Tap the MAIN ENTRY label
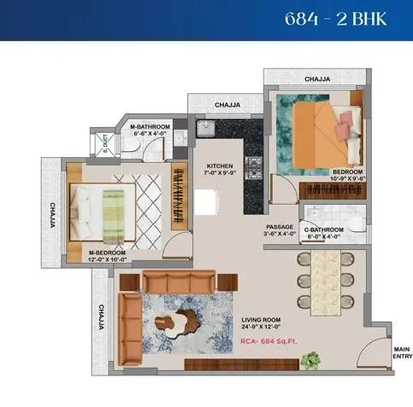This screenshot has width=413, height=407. click(401, 352)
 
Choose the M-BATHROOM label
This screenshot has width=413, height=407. click(150, 130)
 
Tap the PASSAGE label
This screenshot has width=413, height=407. click(280, 230)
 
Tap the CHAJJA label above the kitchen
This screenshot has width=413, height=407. click(227, 106)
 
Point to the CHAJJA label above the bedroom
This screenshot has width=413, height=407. click(316, 78)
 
